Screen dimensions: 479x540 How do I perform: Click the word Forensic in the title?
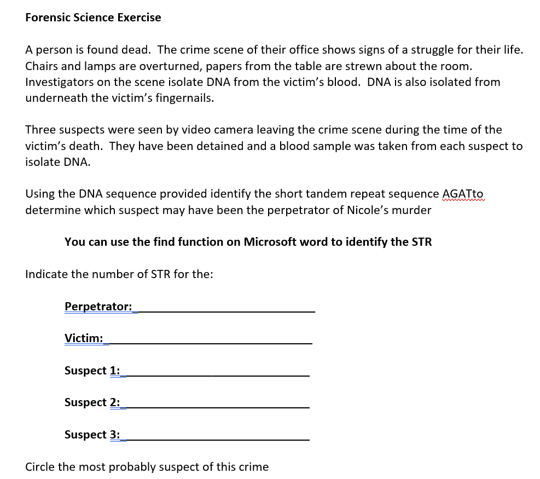click(48, 18)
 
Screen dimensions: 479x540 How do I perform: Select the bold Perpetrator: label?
click(98, 306)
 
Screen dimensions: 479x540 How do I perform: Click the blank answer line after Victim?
click(211, 342)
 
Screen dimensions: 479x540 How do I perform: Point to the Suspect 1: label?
click(92, 371)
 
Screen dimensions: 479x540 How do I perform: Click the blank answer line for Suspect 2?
click(217, 406)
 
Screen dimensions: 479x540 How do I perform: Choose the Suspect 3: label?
click(92, 435)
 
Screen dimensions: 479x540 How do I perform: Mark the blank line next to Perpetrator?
click(226, 310)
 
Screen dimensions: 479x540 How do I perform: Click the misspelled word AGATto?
click(462, 194)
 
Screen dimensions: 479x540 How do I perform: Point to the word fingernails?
click(184, 99)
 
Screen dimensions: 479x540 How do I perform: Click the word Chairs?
click(42, 66)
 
